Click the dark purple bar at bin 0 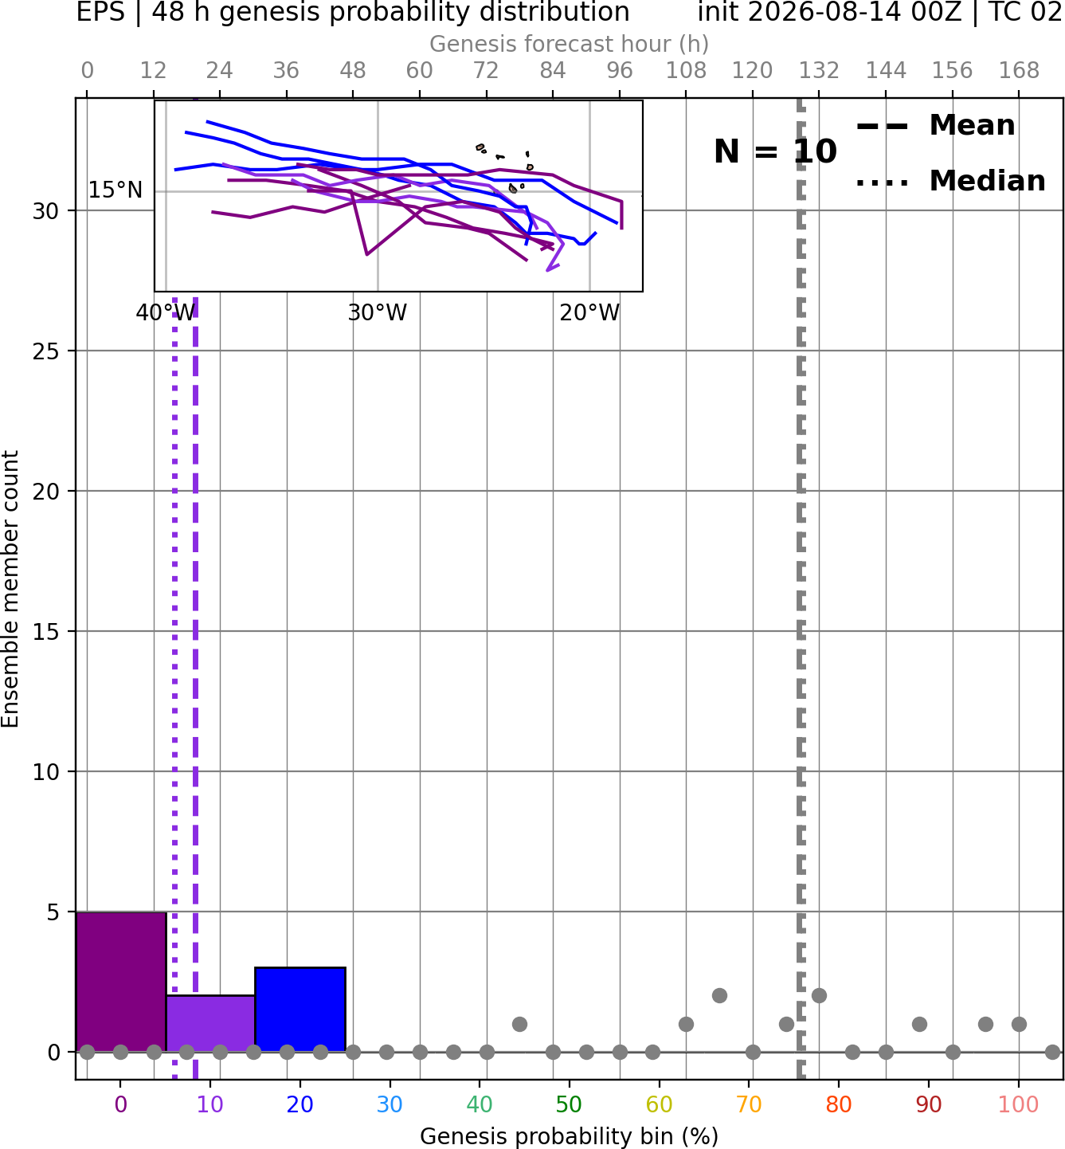121,981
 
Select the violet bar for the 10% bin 210,1023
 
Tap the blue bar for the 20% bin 300,1009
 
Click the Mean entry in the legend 935,126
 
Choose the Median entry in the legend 951,181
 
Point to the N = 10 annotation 775,151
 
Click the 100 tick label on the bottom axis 1018,1104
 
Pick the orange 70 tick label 749,1104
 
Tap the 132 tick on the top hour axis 819,71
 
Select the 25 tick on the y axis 45,351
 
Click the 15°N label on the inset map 116,190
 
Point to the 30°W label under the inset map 378,313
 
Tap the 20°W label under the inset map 589,313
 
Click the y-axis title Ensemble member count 10,589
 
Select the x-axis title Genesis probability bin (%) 569,1136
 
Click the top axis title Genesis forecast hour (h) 569,44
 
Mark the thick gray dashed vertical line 801,589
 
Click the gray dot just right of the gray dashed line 819,995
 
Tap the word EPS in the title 100,12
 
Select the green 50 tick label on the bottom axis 569,1104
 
